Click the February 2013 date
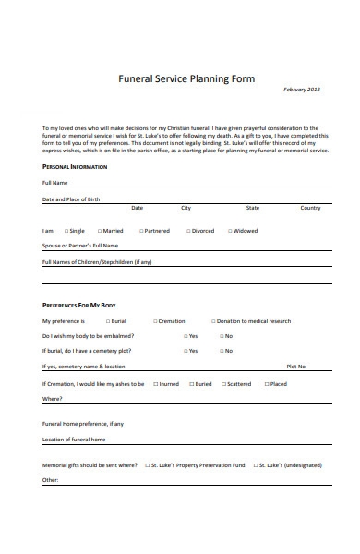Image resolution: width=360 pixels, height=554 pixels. [x=301, y=90]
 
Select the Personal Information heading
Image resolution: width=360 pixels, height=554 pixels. [x=75, y=166]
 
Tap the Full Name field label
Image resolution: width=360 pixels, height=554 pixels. [x=55, y=183]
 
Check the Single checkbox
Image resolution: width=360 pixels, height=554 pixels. [x=65, y=231]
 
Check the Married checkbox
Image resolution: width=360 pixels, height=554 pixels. [x=99, y=231]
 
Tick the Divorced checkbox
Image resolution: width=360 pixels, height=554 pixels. [x=187, y=231]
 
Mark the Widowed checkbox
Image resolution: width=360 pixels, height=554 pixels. [x=229, y=231]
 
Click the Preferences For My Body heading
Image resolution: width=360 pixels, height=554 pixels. [x=79, y=304]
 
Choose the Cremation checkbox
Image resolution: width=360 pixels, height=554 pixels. [x=154, y=321]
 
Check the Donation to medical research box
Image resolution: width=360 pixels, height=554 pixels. [x=213, y=321]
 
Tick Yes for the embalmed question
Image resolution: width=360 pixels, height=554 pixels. [x=186, y=336]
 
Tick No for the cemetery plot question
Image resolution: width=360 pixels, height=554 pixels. [x=221, y=351]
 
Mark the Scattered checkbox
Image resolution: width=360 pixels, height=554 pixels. [x=223, y=383]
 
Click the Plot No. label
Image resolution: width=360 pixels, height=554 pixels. [x=297, y=367]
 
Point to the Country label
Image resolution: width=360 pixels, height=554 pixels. [x=310, y=208]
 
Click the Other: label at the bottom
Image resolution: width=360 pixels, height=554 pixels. [x=50, y=480]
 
